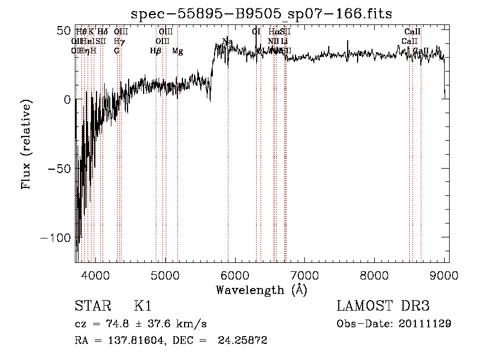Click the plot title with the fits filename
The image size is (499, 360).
coord(262,13)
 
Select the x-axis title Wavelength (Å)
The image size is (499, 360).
coord(262,290)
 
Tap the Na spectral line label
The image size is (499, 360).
coord(227,42)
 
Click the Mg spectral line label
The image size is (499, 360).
coord(177,51)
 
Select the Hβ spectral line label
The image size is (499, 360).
coord(156,51)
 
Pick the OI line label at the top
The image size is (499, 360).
coord(256,32)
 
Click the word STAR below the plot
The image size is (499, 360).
coord(91,306)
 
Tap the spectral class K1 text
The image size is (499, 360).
coord(142,306)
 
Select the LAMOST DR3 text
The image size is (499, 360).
coord(383,306)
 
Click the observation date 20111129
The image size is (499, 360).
coord(427,323)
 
